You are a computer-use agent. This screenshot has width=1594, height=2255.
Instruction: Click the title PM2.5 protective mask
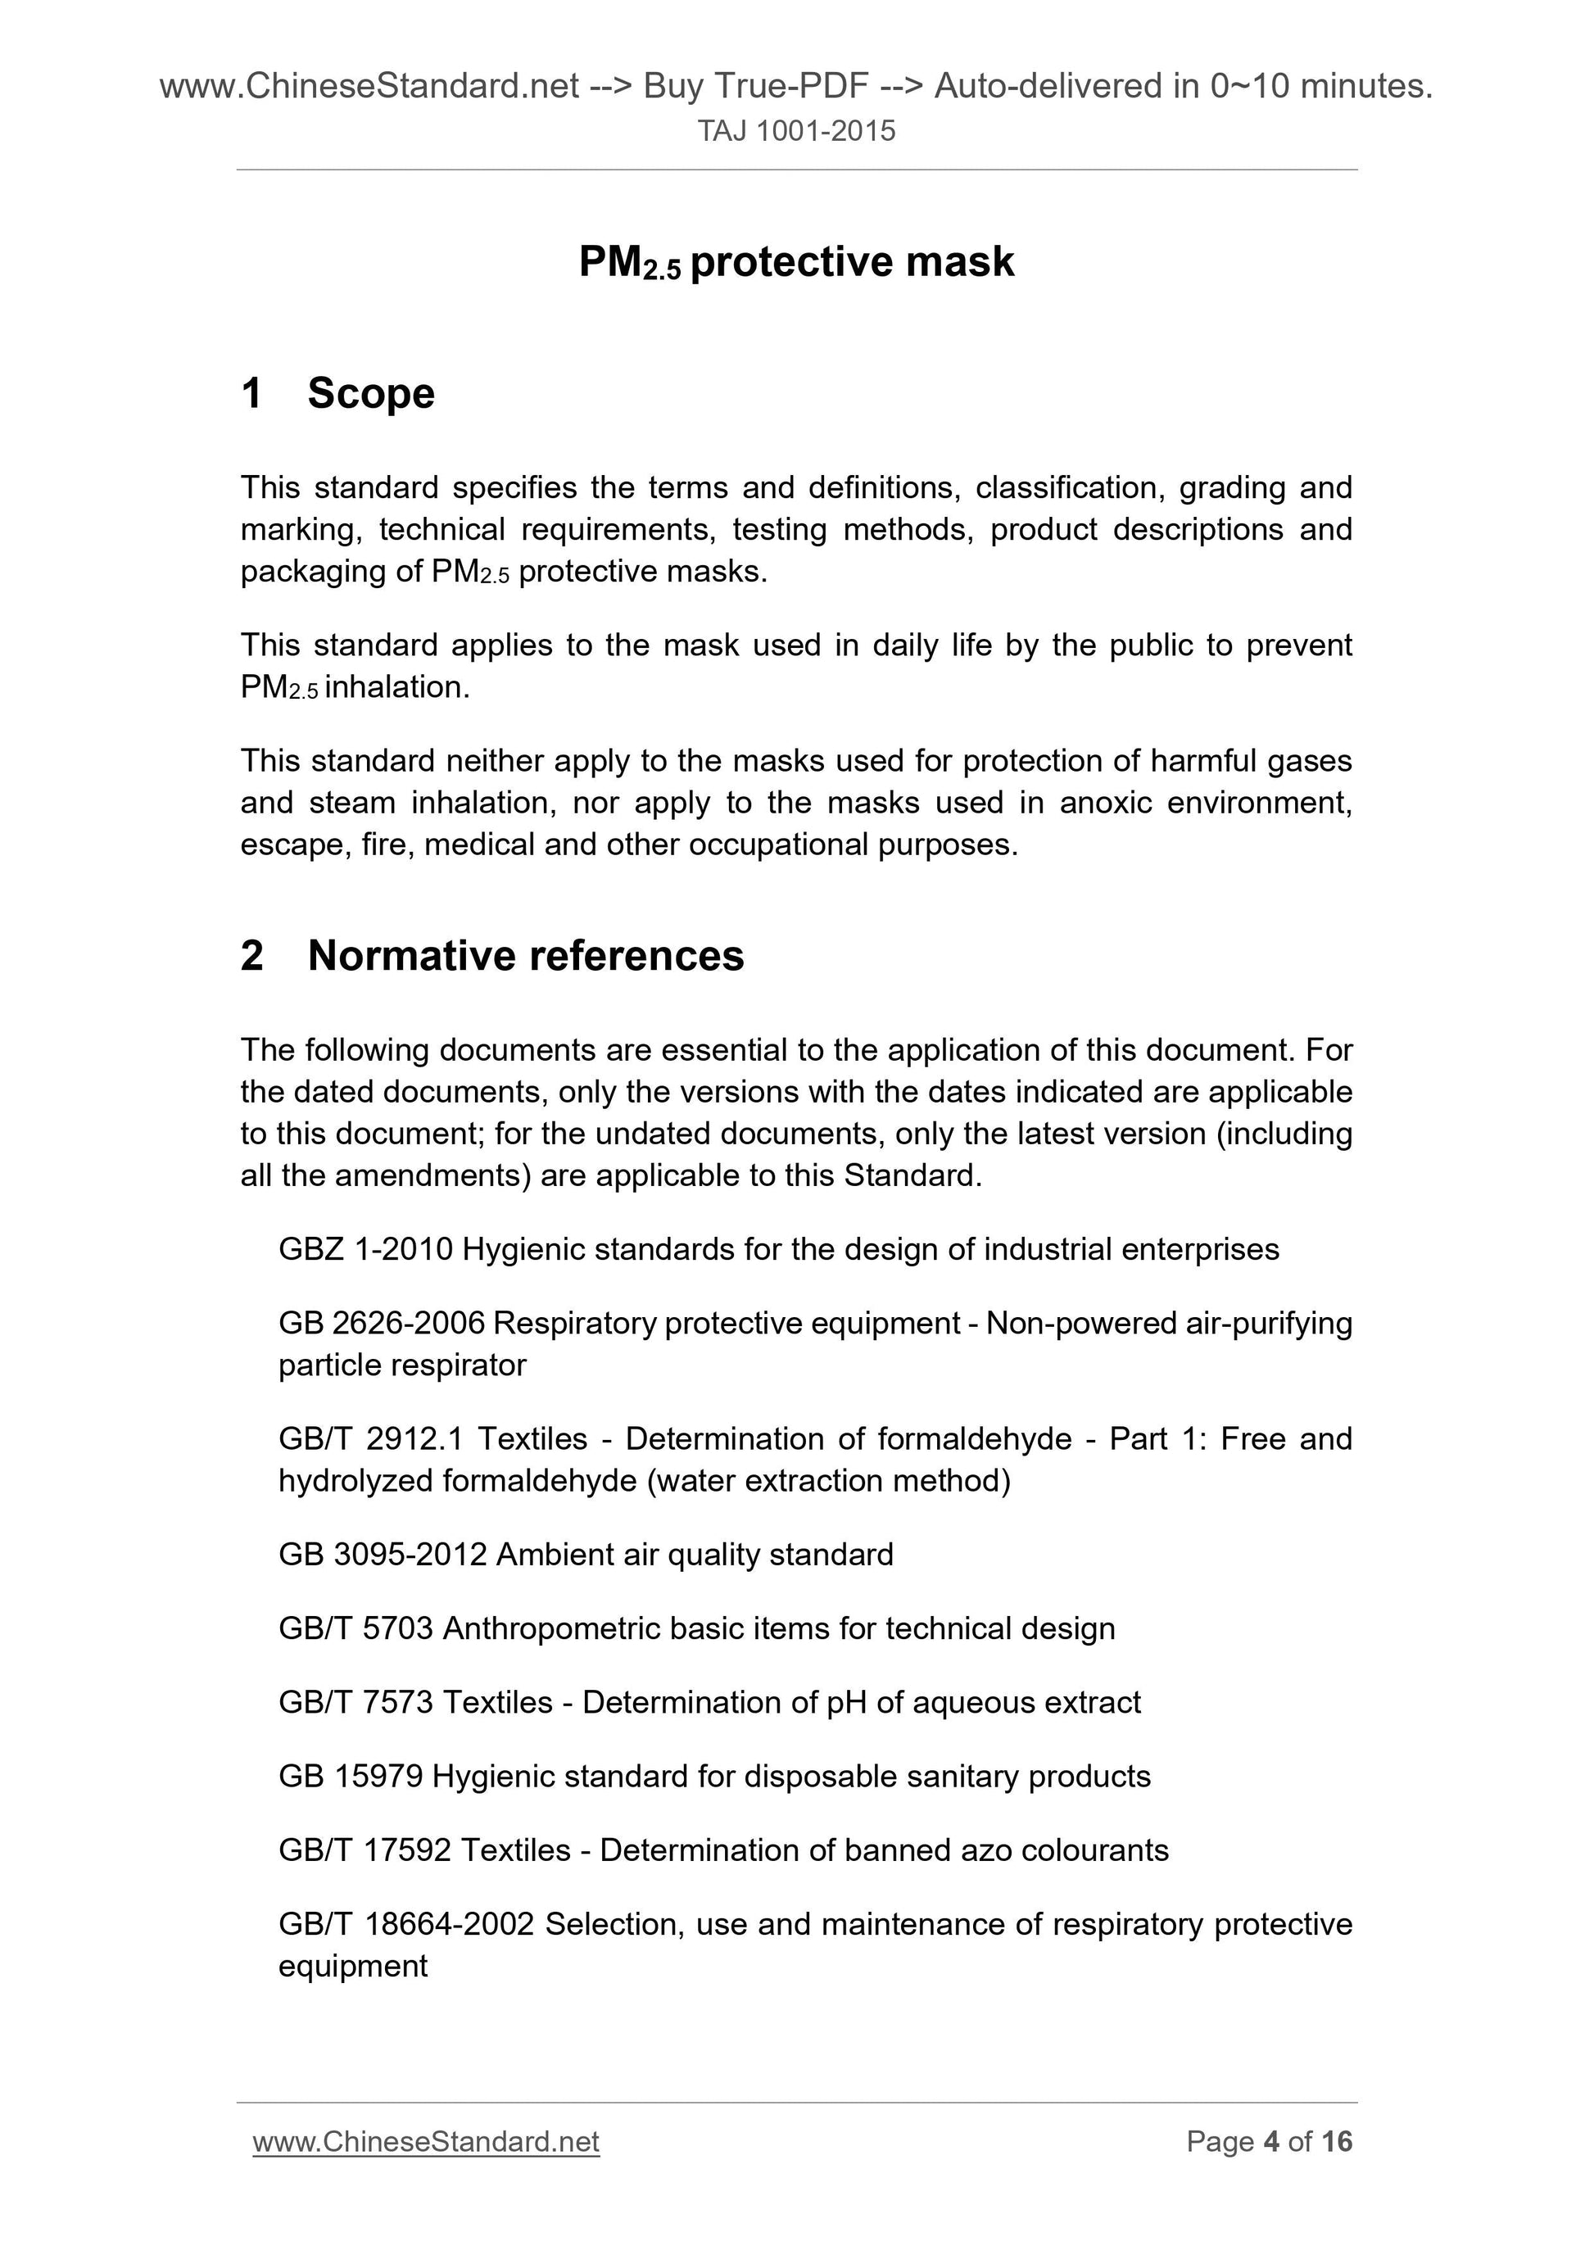coord(796,262)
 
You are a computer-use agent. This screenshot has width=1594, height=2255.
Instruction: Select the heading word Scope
coord(370,394)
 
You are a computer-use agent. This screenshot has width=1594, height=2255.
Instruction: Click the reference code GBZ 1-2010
coord(365,1249)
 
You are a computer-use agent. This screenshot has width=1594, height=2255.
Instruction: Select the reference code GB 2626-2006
coord(381,1323)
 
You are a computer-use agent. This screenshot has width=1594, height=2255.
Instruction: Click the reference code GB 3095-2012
coord(382,1555)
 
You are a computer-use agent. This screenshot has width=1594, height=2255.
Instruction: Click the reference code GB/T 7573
coord(355,1702)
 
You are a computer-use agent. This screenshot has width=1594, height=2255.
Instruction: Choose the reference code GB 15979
coord(351,1776)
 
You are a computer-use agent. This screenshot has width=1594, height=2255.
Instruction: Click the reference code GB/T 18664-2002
coord(405,1923)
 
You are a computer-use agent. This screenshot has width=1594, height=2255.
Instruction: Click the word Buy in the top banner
coord(674,88)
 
